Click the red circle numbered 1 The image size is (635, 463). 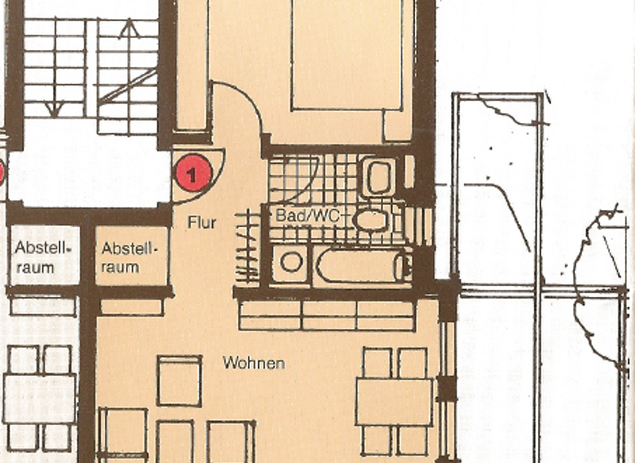(193, 174)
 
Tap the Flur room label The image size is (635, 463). (201, 222)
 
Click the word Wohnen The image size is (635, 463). (254, 363)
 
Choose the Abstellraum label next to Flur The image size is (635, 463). (127, 257)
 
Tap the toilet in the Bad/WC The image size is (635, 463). (370, 220)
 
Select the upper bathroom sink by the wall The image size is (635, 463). (380, 177)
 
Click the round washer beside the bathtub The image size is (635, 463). (291, 264)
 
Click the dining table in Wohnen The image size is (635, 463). (394, 400)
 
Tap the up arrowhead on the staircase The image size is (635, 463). (128, 29)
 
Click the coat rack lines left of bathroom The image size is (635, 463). (246, 246)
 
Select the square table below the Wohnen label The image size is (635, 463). (179, 380)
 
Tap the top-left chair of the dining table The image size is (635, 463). (377, 362)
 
